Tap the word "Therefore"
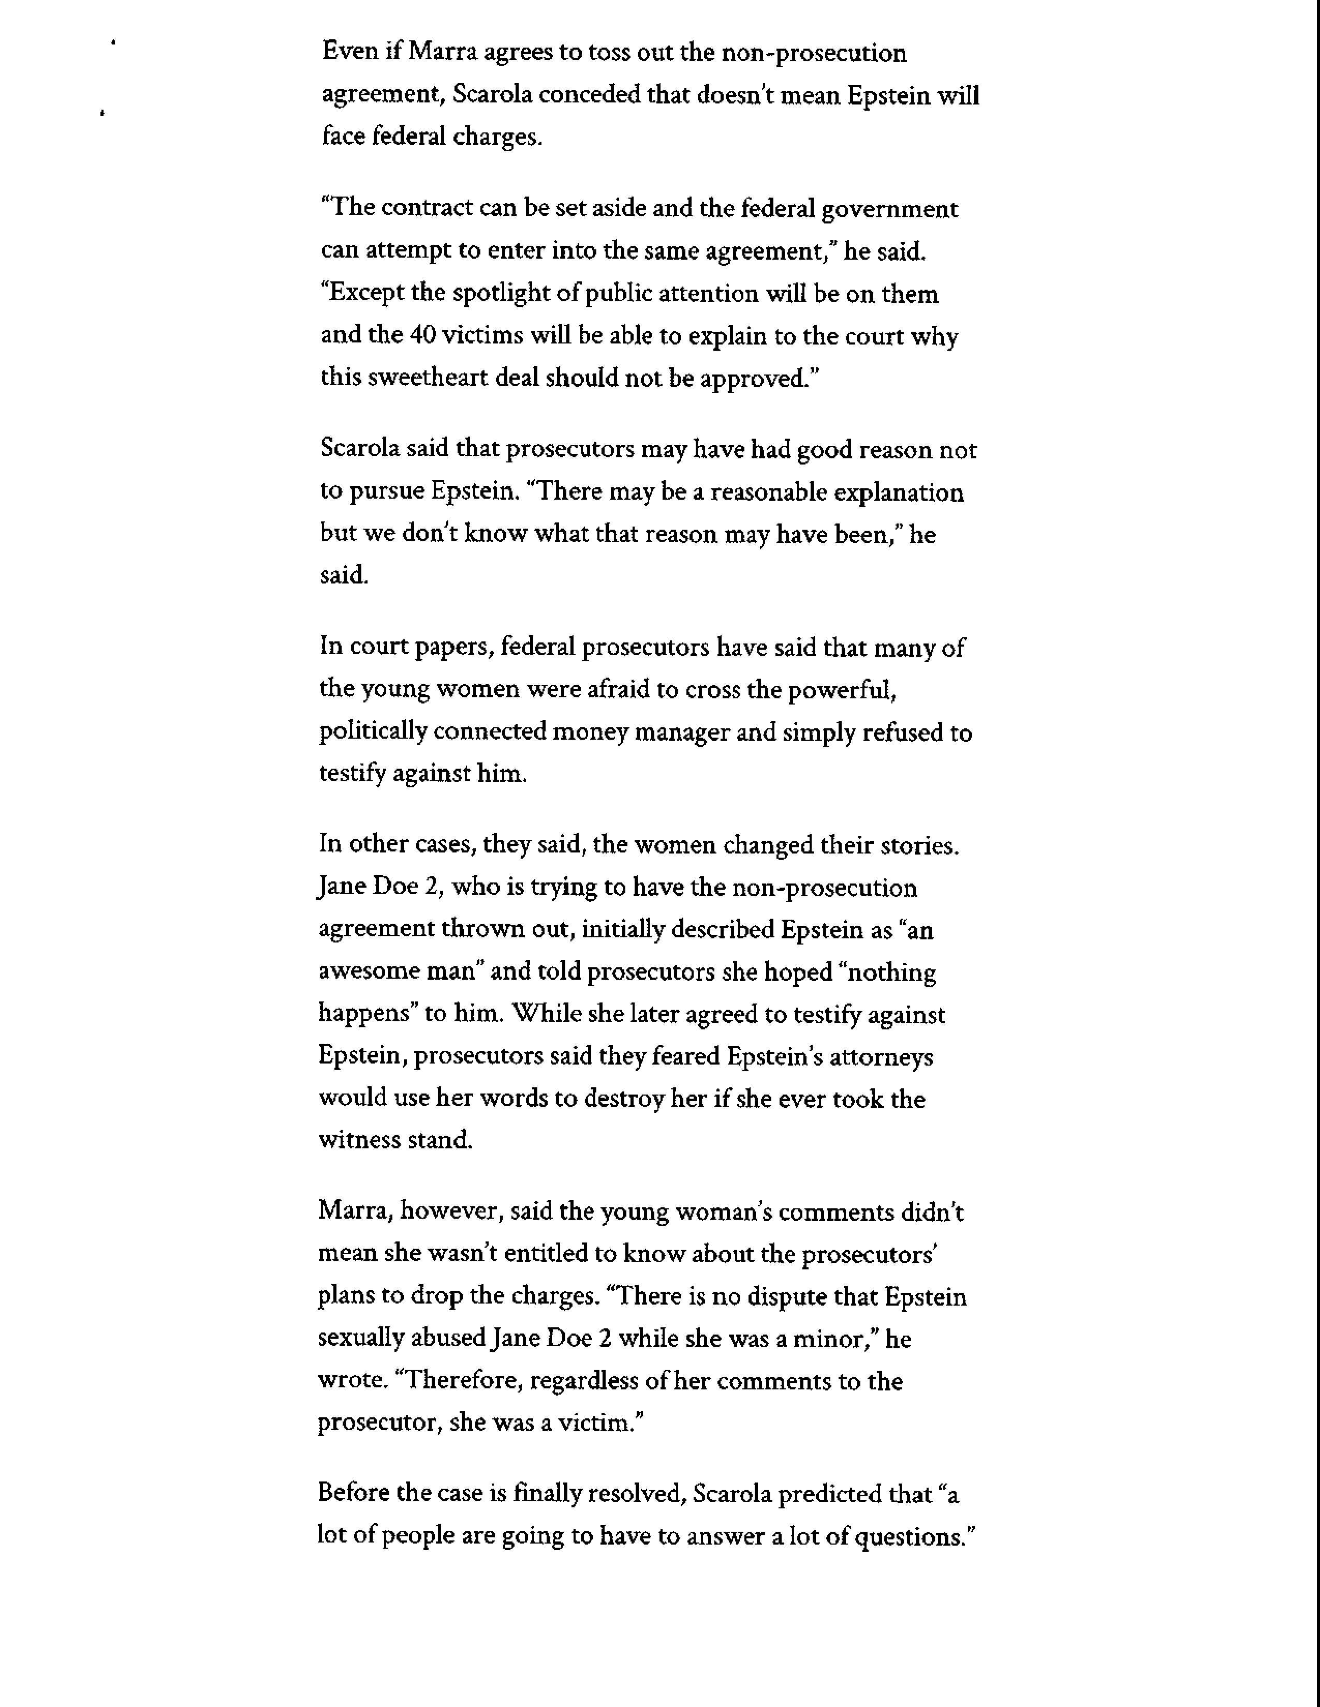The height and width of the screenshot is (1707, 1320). [461, 1381]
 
